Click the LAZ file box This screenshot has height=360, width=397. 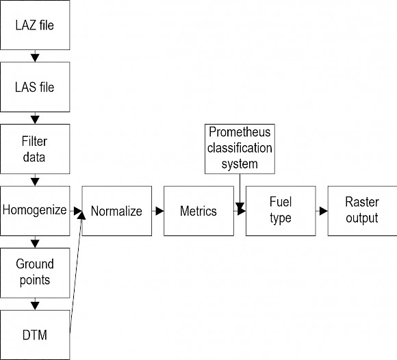tap(35, 25)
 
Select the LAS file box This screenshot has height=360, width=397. tap(35, 87)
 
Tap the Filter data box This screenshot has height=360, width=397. tap(35, 149)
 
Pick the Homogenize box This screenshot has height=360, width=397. tap(35, 211)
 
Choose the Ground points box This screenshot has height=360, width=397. tap(35, 273)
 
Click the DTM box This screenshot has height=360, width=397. tap(35, 335)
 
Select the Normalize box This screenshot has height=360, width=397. tap(117, 211)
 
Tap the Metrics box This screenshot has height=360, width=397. tap(198, 211)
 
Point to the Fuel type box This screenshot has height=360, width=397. tap(281, 211)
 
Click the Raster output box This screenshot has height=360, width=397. tap(362, 211)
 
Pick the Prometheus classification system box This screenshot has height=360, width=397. tap(240, 149)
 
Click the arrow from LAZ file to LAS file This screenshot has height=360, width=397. tap(35, 56)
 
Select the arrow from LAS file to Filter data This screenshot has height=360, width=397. tap(35, 118)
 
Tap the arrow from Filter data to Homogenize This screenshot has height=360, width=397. tap(35, 180)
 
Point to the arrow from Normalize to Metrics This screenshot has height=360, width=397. tap(157, 211)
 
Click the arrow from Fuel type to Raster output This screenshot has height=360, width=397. tap(322, 211)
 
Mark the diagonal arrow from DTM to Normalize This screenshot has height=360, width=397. tap(76, 271)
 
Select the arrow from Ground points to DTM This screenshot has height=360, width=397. tap(35, 304)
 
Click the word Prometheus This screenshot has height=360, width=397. tap(240, 132)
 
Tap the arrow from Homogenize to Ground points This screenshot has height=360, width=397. tap(35, 242)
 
